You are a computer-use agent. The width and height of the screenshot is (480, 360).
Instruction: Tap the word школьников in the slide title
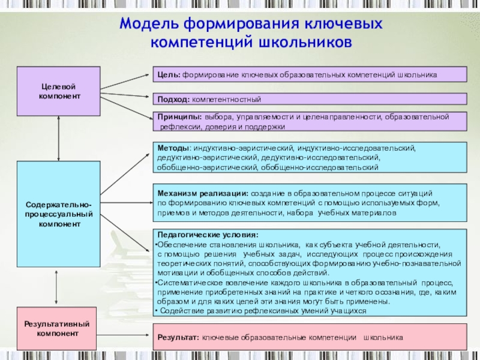point(304,43)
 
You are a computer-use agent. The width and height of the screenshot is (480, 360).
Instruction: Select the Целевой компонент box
point(58,91)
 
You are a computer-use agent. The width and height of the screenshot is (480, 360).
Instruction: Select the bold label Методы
point(173,147)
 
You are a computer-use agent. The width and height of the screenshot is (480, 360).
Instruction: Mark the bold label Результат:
point(178,338)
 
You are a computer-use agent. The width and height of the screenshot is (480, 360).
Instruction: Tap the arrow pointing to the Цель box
point(126,82)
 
